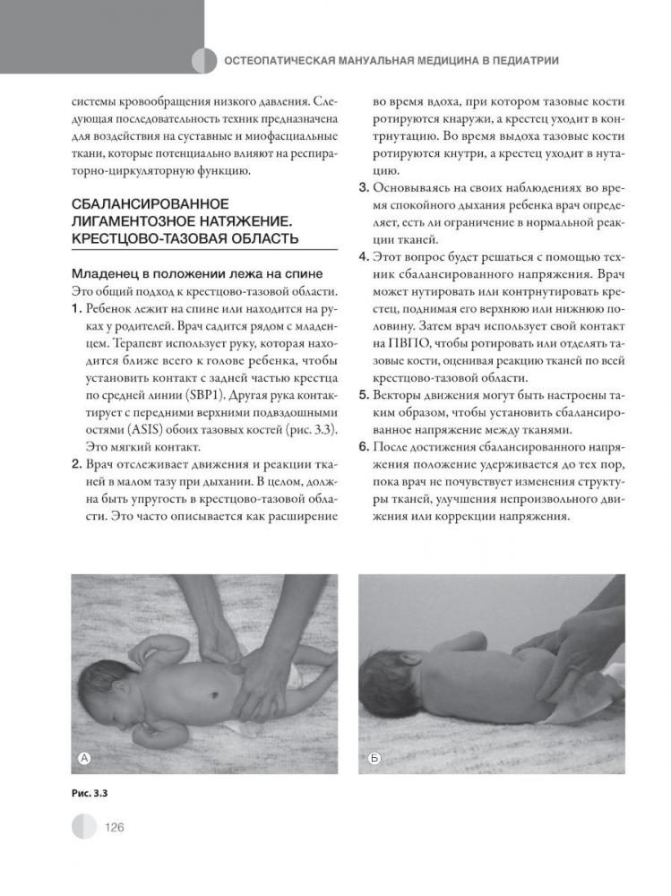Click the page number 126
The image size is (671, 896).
click(x=114, y=827)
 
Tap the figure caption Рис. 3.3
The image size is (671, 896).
click(x=88, y=791)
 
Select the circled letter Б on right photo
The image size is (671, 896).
click(x=374, y=759)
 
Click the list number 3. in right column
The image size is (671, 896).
click(x=364, y=189)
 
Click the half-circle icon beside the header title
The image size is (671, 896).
click(x=205, y=61)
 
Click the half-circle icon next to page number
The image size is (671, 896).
click(x=84, y=826)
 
